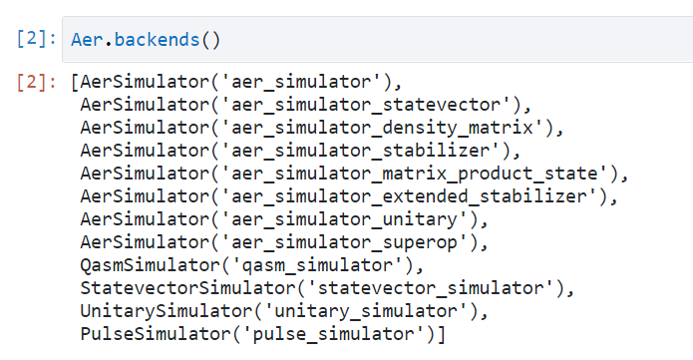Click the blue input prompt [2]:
point(37,39)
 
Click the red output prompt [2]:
point(37,82)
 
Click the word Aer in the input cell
point(87,40)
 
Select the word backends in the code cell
point(157,40)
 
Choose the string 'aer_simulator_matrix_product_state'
point(414,174)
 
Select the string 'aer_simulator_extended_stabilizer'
point(409,196)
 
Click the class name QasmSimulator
point(151,266)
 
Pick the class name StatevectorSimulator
point(187,289)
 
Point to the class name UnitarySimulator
point(167,312)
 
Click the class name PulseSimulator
point(156,334)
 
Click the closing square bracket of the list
point(441,334)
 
